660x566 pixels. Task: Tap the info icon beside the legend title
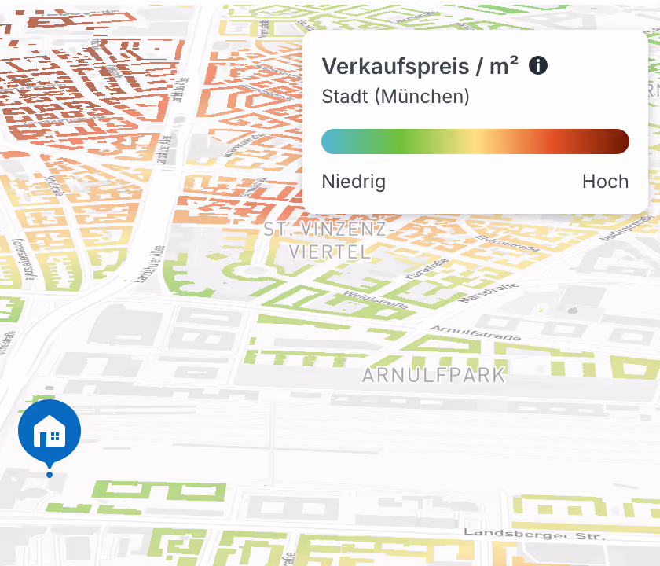[x=538, y=65]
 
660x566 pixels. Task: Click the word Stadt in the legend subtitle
[x=344, y=97]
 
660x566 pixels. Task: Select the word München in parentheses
[x=422, y=97]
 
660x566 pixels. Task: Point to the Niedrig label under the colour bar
[x=354, y=182]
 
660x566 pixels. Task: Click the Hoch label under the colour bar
[x=605, y=182]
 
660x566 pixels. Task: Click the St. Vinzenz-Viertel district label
[x=327, y=241]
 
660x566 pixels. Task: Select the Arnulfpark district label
[x=434, y=375]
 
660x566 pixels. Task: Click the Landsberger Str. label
[x=534, y=534]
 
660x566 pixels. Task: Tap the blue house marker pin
[x=49, y=432]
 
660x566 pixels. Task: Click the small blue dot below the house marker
[x=49, y=475]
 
